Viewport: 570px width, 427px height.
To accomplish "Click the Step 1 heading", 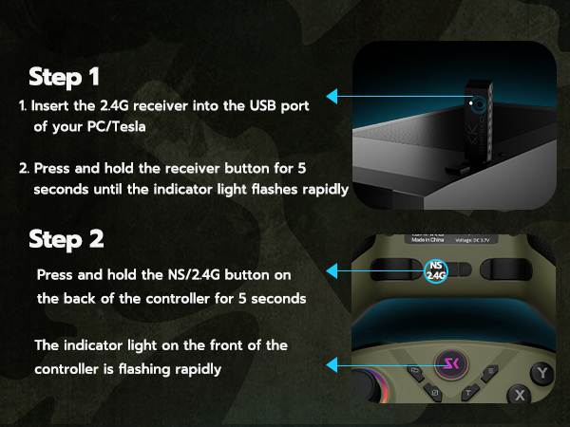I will (66, 76).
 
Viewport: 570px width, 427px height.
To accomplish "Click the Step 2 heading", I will (66, 238).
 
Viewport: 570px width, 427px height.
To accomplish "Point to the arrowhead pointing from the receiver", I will (332, 96).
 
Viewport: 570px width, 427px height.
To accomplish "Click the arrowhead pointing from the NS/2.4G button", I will (332, 272).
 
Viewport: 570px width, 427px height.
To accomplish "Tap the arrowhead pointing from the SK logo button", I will (332, 363).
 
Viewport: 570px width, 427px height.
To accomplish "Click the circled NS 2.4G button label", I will (436, 270).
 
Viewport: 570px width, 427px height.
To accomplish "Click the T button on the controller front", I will (468, 392).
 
